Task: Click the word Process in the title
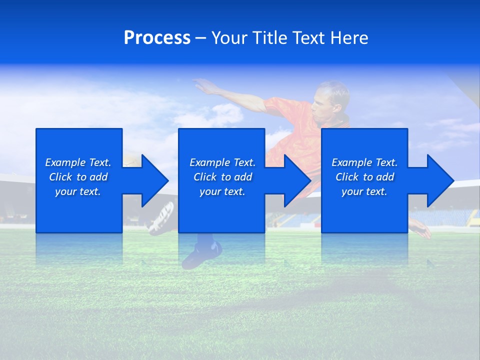157,38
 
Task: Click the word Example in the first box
65,162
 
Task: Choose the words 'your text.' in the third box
364,191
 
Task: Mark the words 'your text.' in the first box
78,191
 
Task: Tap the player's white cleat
161,218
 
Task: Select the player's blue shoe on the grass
200,255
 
